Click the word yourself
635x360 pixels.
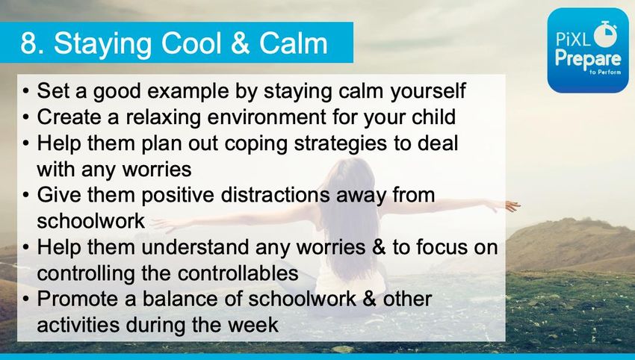428,92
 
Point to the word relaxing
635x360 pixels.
163,117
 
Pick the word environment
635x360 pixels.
267,117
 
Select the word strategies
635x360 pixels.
340,144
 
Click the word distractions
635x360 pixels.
276,195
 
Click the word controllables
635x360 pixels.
238,273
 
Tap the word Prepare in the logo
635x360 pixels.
588,60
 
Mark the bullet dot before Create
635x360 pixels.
26,118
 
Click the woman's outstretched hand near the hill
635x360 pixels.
509,205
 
